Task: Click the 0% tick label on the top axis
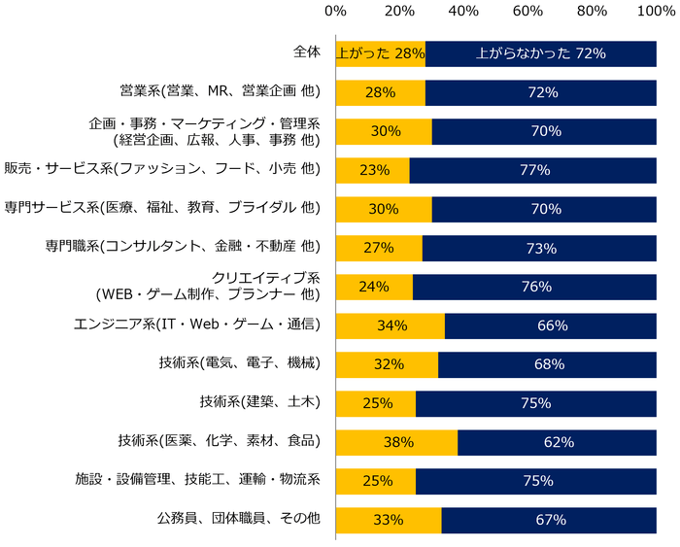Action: point(335,12)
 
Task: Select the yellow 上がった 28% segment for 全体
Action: point(380,54)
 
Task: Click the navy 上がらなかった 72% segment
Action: point(540,54)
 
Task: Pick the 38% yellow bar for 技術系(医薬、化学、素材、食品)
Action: point(396,442)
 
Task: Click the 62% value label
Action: point(557,442)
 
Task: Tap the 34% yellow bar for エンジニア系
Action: point(390,325)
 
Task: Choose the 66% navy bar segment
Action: point(550,325)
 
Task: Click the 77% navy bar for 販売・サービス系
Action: point(532,170)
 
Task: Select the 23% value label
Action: point(373,170)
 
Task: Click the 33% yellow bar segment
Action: point(388,520)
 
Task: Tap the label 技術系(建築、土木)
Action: point(258,401)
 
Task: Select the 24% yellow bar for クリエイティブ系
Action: point(374,287)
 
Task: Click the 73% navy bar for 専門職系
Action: point(539,248)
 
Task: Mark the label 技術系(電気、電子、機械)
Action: point(239,362)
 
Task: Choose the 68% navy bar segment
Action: point(547,364)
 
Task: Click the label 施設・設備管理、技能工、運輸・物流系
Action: point(197,479)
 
